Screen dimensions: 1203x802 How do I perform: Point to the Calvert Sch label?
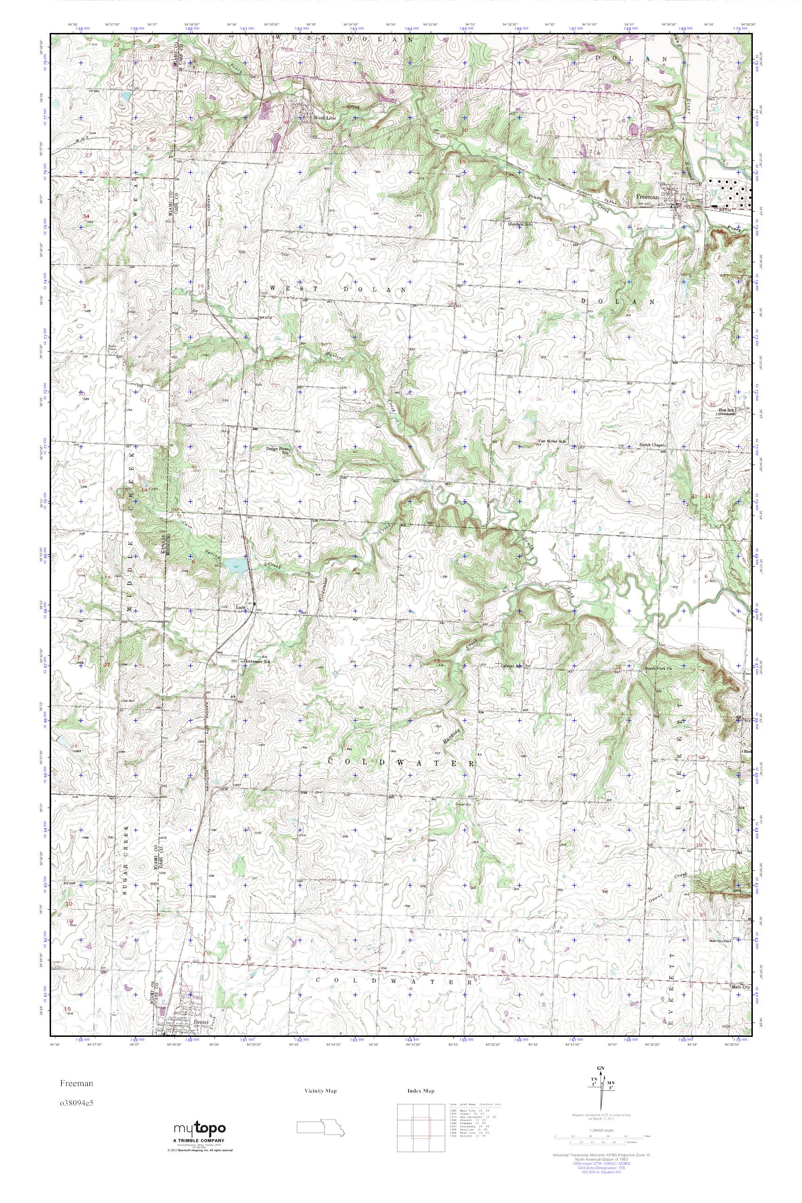click(511, 666)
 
